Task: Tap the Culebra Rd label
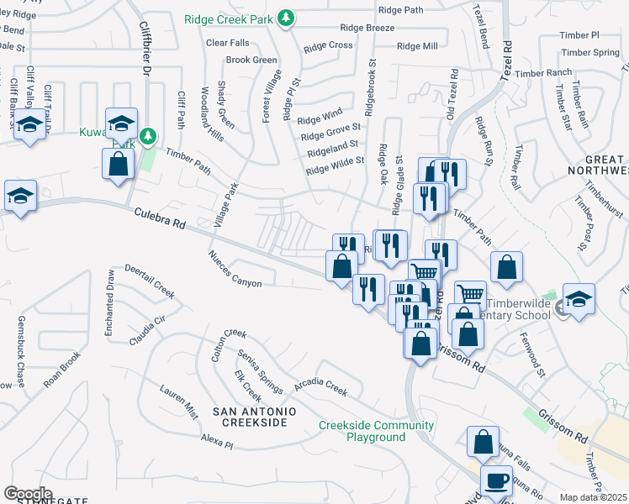pos(159,221)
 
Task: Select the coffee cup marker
pos(496,480)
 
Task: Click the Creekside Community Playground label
pos(376,431)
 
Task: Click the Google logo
pos(28,493)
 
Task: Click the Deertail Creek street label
pos(149,281)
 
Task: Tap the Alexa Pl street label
pos(216,440)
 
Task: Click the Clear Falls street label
pos(227,42)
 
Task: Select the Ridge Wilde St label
pos(335,165)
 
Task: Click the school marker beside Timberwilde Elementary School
pos(579,300)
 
